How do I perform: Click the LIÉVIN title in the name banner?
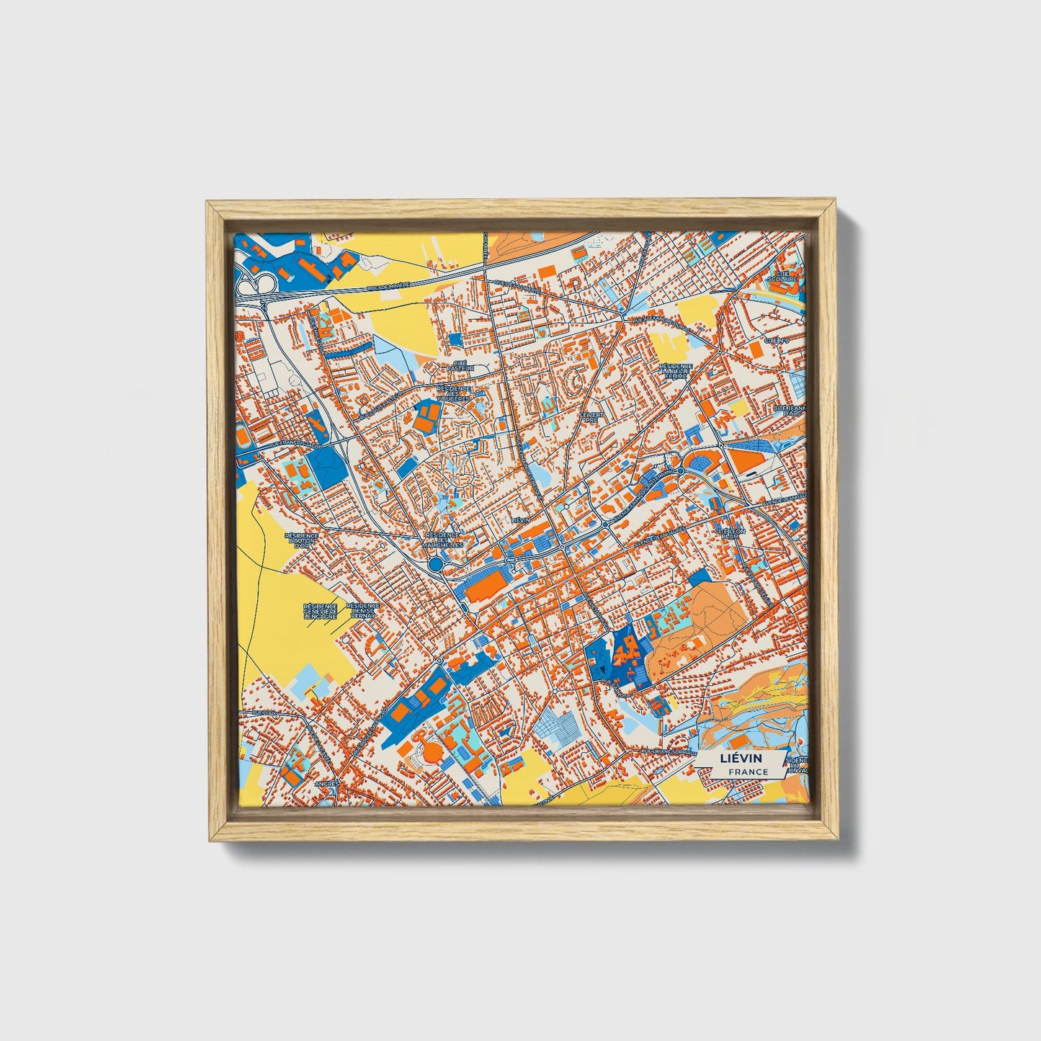pos(741,759)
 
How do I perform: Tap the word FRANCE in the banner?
pos(747,772)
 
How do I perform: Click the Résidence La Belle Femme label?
pos(675,370)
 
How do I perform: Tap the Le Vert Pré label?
pos(594,418)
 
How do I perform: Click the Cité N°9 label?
pos(777,340)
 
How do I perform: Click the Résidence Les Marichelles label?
pos(443,540)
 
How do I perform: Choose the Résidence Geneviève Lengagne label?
pos(320,612)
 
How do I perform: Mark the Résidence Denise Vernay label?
pos(362,612)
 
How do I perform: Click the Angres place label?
pos(326,782)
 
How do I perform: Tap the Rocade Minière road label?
pos(388,286)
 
